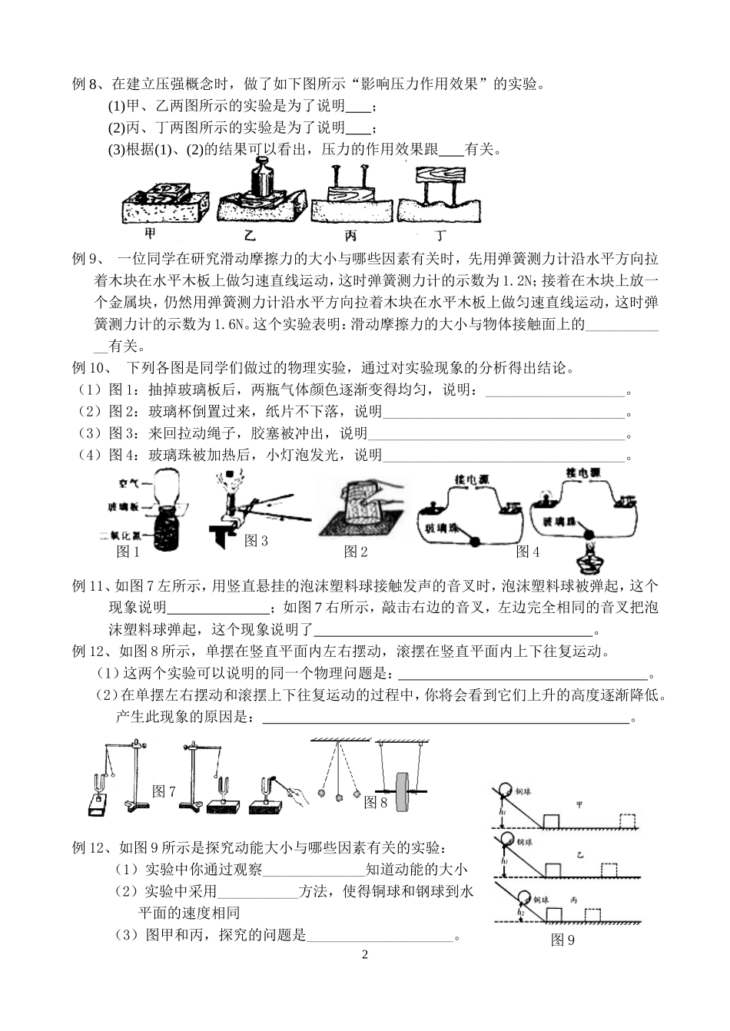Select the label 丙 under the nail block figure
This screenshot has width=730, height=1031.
350,234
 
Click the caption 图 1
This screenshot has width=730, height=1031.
128,551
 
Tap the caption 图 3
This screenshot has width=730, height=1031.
256,540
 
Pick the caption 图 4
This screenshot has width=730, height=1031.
528,551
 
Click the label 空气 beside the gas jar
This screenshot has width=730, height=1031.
128,483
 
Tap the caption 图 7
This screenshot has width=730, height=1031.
164,791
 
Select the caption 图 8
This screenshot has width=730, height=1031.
375,801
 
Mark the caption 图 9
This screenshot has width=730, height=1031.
562,940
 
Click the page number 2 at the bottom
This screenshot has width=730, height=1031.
365,955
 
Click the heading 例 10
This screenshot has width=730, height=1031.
93,368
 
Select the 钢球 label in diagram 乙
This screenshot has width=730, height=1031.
525,843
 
